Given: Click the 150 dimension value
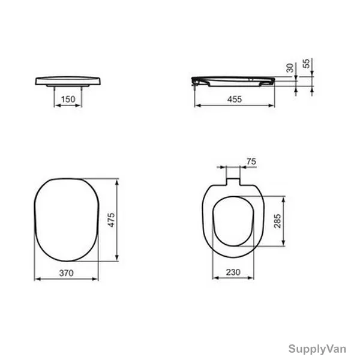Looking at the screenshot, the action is [68, 99].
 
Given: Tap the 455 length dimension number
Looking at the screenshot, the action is [235, 99].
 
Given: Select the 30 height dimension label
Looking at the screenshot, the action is [290, 68].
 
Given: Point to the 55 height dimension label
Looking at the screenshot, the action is [306, 64].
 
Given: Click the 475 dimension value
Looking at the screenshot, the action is [112, 220].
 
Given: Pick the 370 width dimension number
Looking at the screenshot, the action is [67, 273].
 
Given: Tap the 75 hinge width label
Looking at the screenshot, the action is [251, 161].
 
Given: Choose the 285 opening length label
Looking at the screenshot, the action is [277, 221].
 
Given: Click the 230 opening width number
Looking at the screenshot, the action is [233, 272].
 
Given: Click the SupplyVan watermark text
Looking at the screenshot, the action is [317, 349].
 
